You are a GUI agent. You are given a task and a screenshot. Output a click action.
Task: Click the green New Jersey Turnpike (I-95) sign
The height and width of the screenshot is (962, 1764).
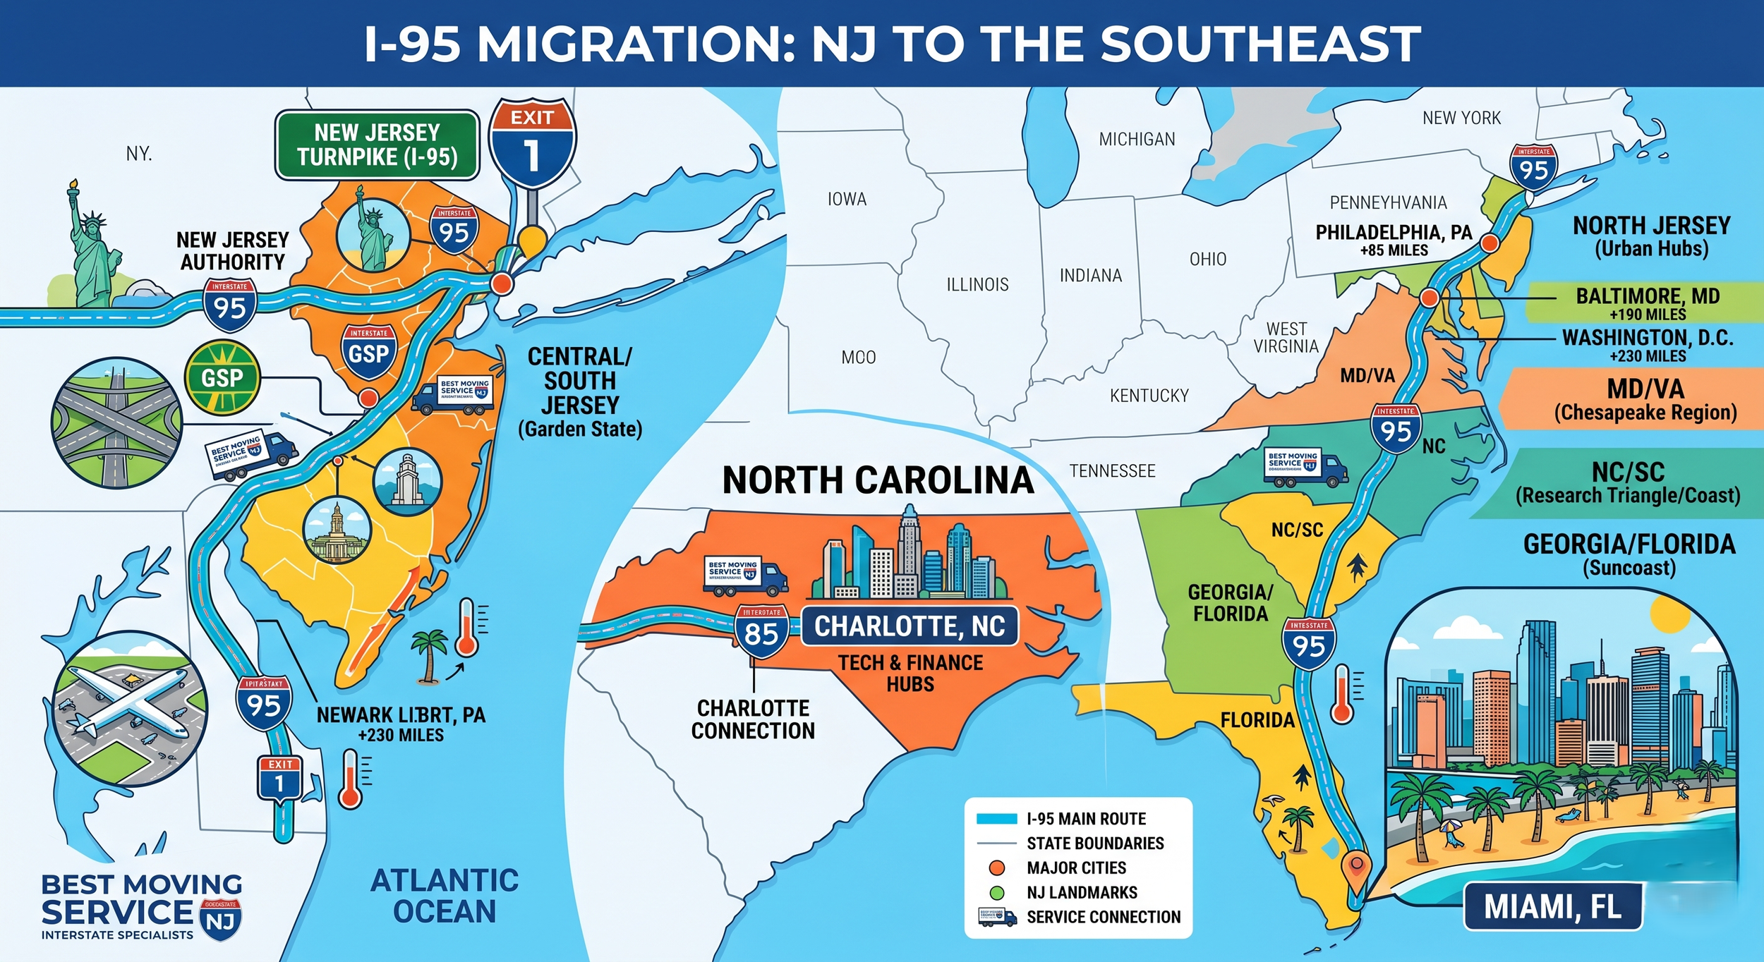(377, 145)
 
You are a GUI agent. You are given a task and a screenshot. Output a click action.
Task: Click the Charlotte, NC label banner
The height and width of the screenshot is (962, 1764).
(910, 626)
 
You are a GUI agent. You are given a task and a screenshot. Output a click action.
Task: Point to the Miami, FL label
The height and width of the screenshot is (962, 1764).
(1552, 907)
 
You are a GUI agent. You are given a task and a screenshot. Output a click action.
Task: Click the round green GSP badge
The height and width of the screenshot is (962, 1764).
(222, 378)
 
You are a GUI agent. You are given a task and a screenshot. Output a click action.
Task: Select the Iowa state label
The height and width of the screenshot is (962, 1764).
(847, 200)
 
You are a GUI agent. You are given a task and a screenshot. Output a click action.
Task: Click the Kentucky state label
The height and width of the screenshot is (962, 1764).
(1149, 396)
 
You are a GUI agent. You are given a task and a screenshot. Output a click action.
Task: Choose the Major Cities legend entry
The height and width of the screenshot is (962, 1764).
(1075, 867)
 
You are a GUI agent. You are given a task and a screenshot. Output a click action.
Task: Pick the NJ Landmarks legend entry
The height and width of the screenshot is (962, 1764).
(1081, 892)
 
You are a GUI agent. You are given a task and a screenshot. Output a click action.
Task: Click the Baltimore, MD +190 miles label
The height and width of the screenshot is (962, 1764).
(1647, 303)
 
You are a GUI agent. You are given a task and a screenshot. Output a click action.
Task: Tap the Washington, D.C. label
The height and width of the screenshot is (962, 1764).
(1647, 344)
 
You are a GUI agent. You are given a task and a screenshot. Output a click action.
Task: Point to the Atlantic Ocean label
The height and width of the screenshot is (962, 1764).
(445, 896)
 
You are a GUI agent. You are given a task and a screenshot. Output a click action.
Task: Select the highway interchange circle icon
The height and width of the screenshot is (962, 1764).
(116, 422)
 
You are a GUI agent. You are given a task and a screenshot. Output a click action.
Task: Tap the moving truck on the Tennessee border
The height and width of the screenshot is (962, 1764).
(1305, 468)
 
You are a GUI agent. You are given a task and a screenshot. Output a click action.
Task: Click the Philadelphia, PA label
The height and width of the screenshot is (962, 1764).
(1394, 238)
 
